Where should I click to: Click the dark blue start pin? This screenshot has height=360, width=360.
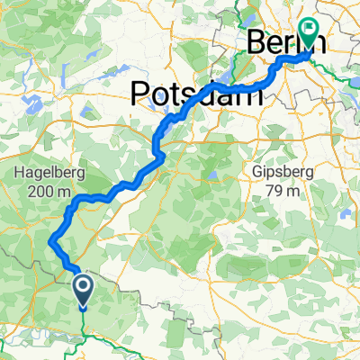[x=83, y=290]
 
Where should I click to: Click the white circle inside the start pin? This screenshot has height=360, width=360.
[x=83, y=286]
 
